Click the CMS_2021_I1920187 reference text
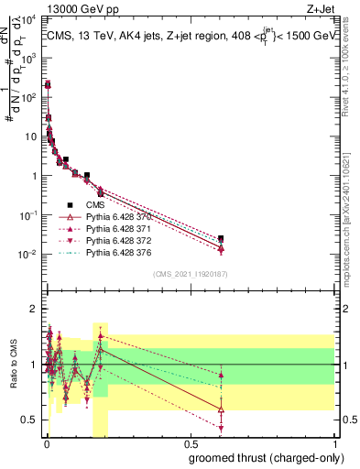(x=190, y=274)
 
